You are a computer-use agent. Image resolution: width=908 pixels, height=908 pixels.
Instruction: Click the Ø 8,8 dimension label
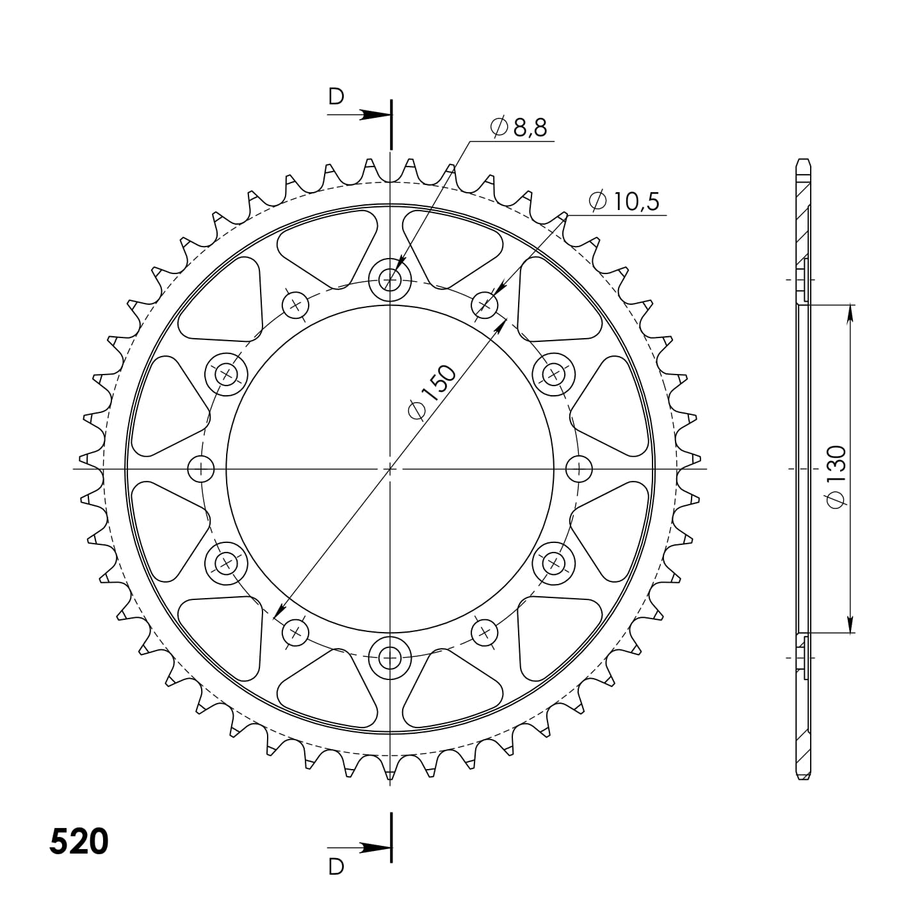(518, 127)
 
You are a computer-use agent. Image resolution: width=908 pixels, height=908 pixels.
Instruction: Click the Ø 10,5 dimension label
(624, 202)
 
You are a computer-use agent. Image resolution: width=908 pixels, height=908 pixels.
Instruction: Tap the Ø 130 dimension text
(837, 476)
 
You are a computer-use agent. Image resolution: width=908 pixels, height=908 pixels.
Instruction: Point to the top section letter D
(336, 97)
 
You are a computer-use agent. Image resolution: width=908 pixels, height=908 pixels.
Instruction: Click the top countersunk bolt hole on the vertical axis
(390, 281)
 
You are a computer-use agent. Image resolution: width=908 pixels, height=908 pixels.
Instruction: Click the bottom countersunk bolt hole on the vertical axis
(390, 657)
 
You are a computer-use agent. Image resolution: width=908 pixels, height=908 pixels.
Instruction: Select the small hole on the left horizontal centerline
(201, 469)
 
